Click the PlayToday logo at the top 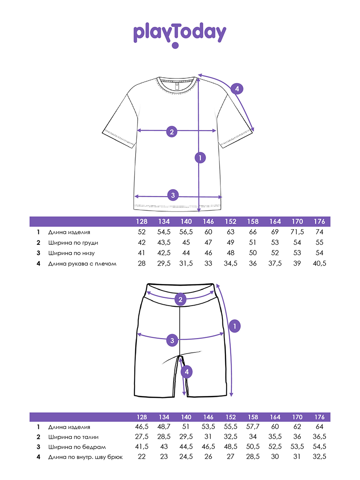coord(180,34)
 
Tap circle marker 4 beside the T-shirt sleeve coord(237,89)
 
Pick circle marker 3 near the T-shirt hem coord(173,196)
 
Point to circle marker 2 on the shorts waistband coord(180,300)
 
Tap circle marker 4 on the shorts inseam coord(186,372)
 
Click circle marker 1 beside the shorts coord(235,326)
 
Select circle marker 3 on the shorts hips coord(172,340)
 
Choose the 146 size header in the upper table coord(208,222)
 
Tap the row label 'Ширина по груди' coord(73,243)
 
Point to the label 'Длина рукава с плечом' coord(82,264)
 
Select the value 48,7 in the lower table coord(164,427)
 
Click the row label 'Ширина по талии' coord(73,438)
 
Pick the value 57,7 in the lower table coord(252,427)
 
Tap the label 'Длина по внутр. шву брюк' coord(85,457)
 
